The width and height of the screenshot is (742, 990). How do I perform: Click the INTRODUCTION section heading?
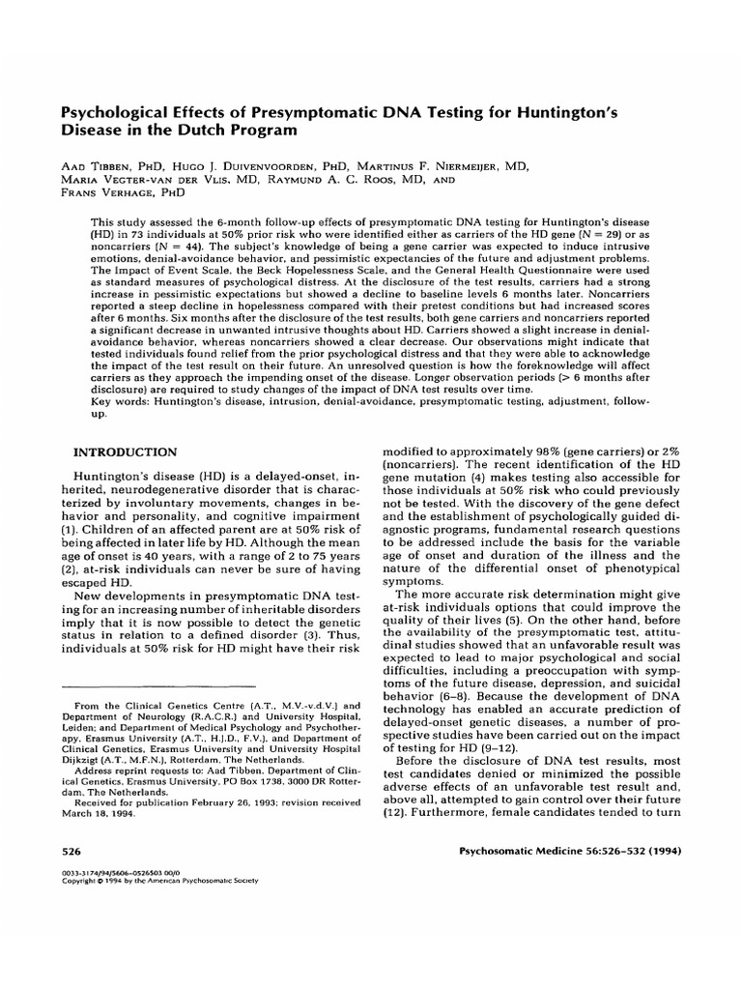tap(126, 451)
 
